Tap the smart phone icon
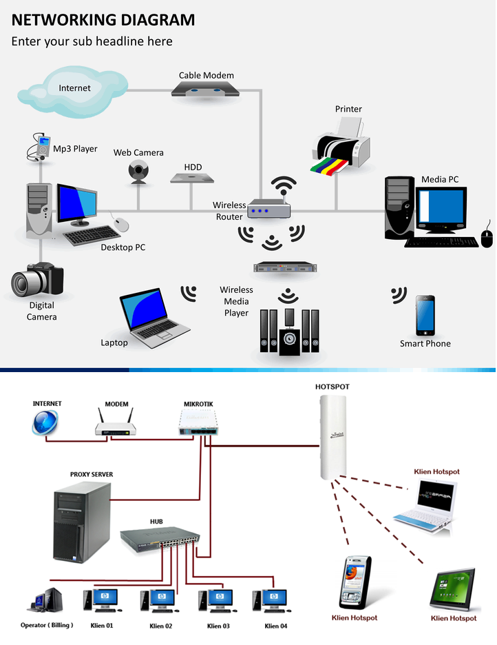pyautogui.click(x=425, y=316)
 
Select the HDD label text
pyautogui.click(x=193, y=167)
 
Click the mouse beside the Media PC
pyautogui.click(x=488, y=237)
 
